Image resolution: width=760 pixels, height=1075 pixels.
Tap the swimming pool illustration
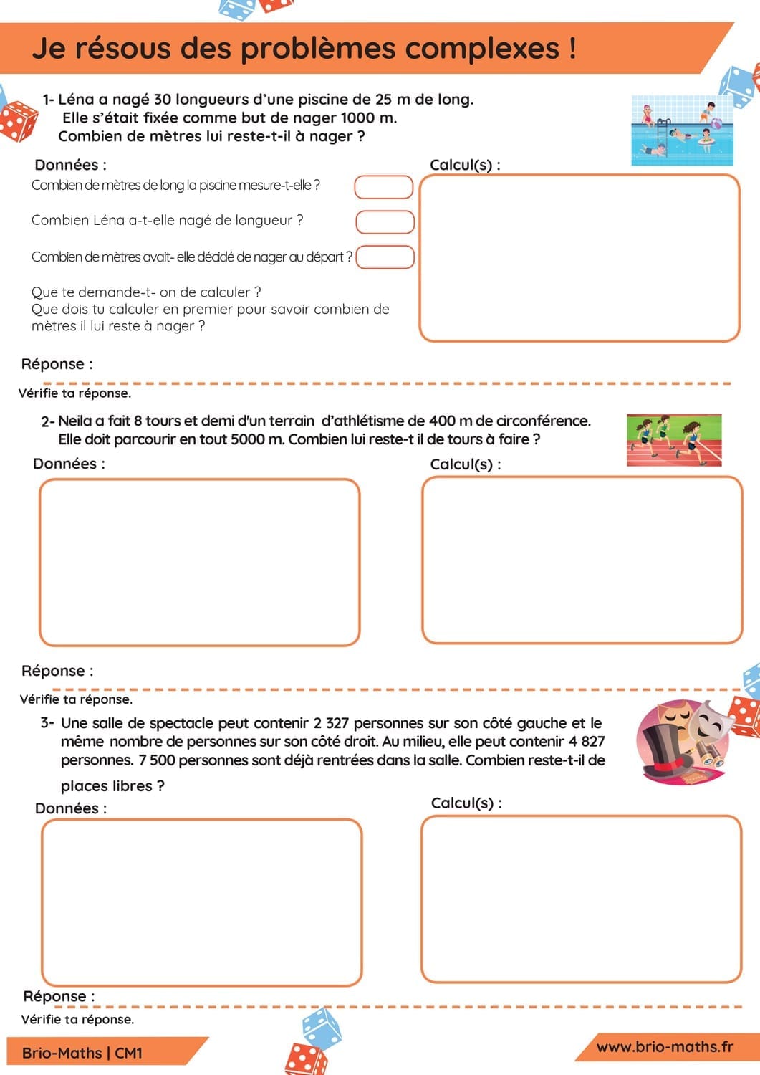[682, 130]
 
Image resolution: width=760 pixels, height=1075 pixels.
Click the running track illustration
[674, 439]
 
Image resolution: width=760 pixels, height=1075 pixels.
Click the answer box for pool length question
[384, 187]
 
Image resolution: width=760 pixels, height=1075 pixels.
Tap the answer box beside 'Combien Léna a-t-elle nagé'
[385, 222]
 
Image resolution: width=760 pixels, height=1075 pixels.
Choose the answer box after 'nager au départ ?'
[385, 257]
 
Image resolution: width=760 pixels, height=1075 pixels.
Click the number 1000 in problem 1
[357, 118]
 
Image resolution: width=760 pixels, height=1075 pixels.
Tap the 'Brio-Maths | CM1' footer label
[82, 1053]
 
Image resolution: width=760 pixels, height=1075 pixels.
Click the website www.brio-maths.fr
[665, 1047]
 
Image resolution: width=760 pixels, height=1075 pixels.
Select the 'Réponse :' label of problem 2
[57, 672]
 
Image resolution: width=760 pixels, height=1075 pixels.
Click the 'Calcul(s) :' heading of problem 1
[465, 165]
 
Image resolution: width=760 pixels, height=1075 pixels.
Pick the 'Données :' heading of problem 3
[71, 808]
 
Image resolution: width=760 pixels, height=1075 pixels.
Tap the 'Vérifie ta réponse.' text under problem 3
[77, 1019]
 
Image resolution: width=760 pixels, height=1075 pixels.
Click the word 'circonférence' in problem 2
[541, 421]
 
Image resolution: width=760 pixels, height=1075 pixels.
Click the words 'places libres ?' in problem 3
[112, 786]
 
